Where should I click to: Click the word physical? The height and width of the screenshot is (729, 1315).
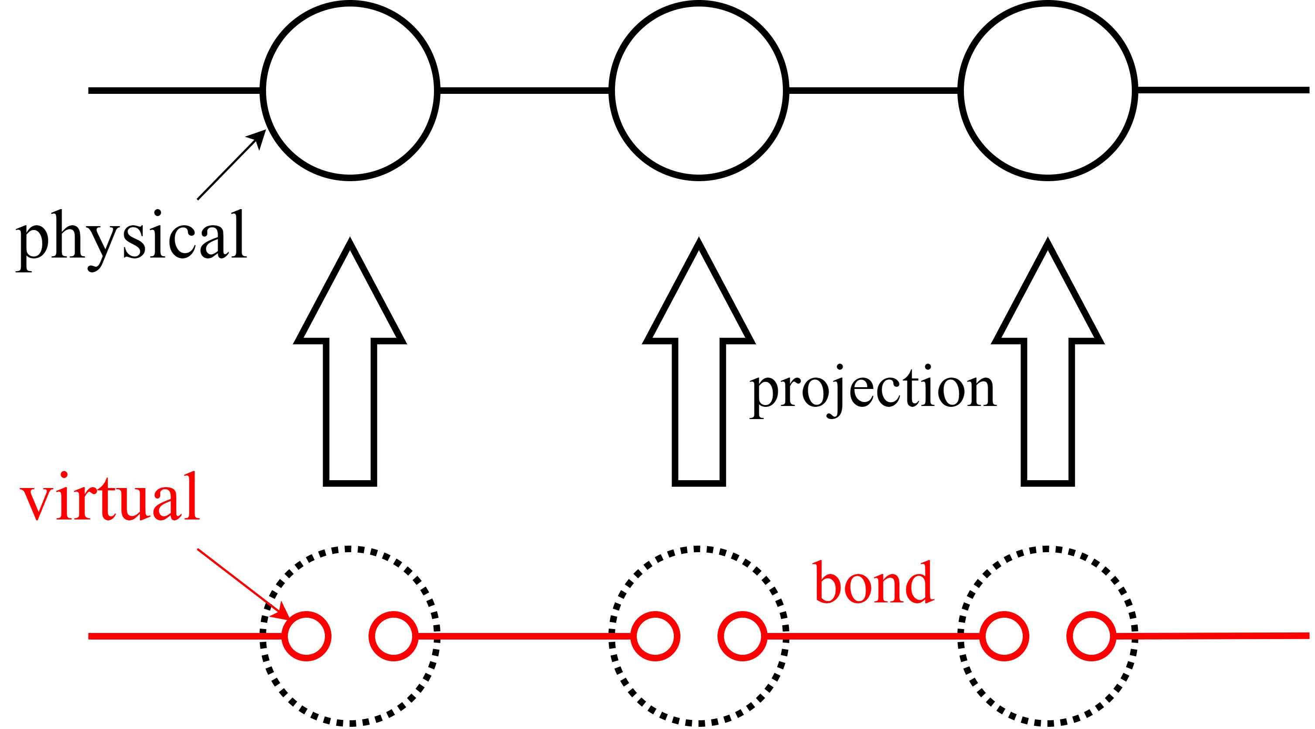tap(132, 238)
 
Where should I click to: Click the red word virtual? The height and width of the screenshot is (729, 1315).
tap(110, 498)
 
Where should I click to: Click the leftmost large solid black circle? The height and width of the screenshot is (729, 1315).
tap(350, 91)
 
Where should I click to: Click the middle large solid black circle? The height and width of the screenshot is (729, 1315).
tap(698, 91)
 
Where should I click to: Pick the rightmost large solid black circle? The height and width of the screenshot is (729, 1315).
tap(1048, 91)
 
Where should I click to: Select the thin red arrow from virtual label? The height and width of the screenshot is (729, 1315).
tap(240, 582)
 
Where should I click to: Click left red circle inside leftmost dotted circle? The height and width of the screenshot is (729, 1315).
tap(306, 636)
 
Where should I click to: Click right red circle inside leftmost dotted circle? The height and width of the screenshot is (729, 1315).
tap(393, 636)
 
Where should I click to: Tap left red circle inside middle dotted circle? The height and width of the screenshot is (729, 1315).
tap(655, 636)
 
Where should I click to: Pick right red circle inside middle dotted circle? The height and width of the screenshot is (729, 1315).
tap(742, 636)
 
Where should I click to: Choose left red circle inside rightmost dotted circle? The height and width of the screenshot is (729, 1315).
tap(1004, 636)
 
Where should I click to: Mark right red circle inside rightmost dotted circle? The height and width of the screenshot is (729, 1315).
tap(1091, 636)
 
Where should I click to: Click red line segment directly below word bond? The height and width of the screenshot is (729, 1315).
tap(873, 636)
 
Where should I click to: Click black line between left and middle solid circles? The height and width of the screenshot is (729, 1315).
tap(524, 91)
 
